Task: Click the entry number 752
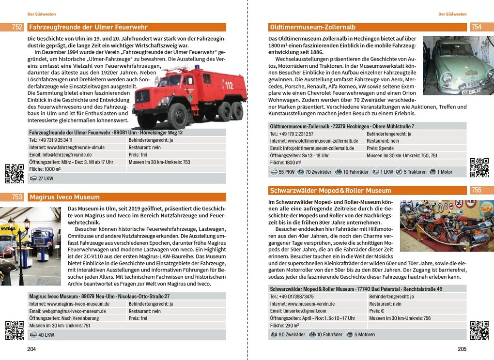tap(17, 28)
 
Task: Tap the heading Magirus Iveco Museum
tap(64, 197)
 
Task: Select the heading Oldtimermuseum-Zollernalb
tap(312, 28)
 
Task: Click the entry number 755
tap(477, 191)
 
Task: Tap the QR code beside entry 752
tap(14, 174)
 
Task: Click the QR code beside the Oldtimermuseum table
tap(479, 167)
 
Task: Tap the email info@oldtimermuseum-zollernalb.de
tap(312, 149)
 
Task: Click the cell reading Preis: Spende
tap(380, 149)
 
